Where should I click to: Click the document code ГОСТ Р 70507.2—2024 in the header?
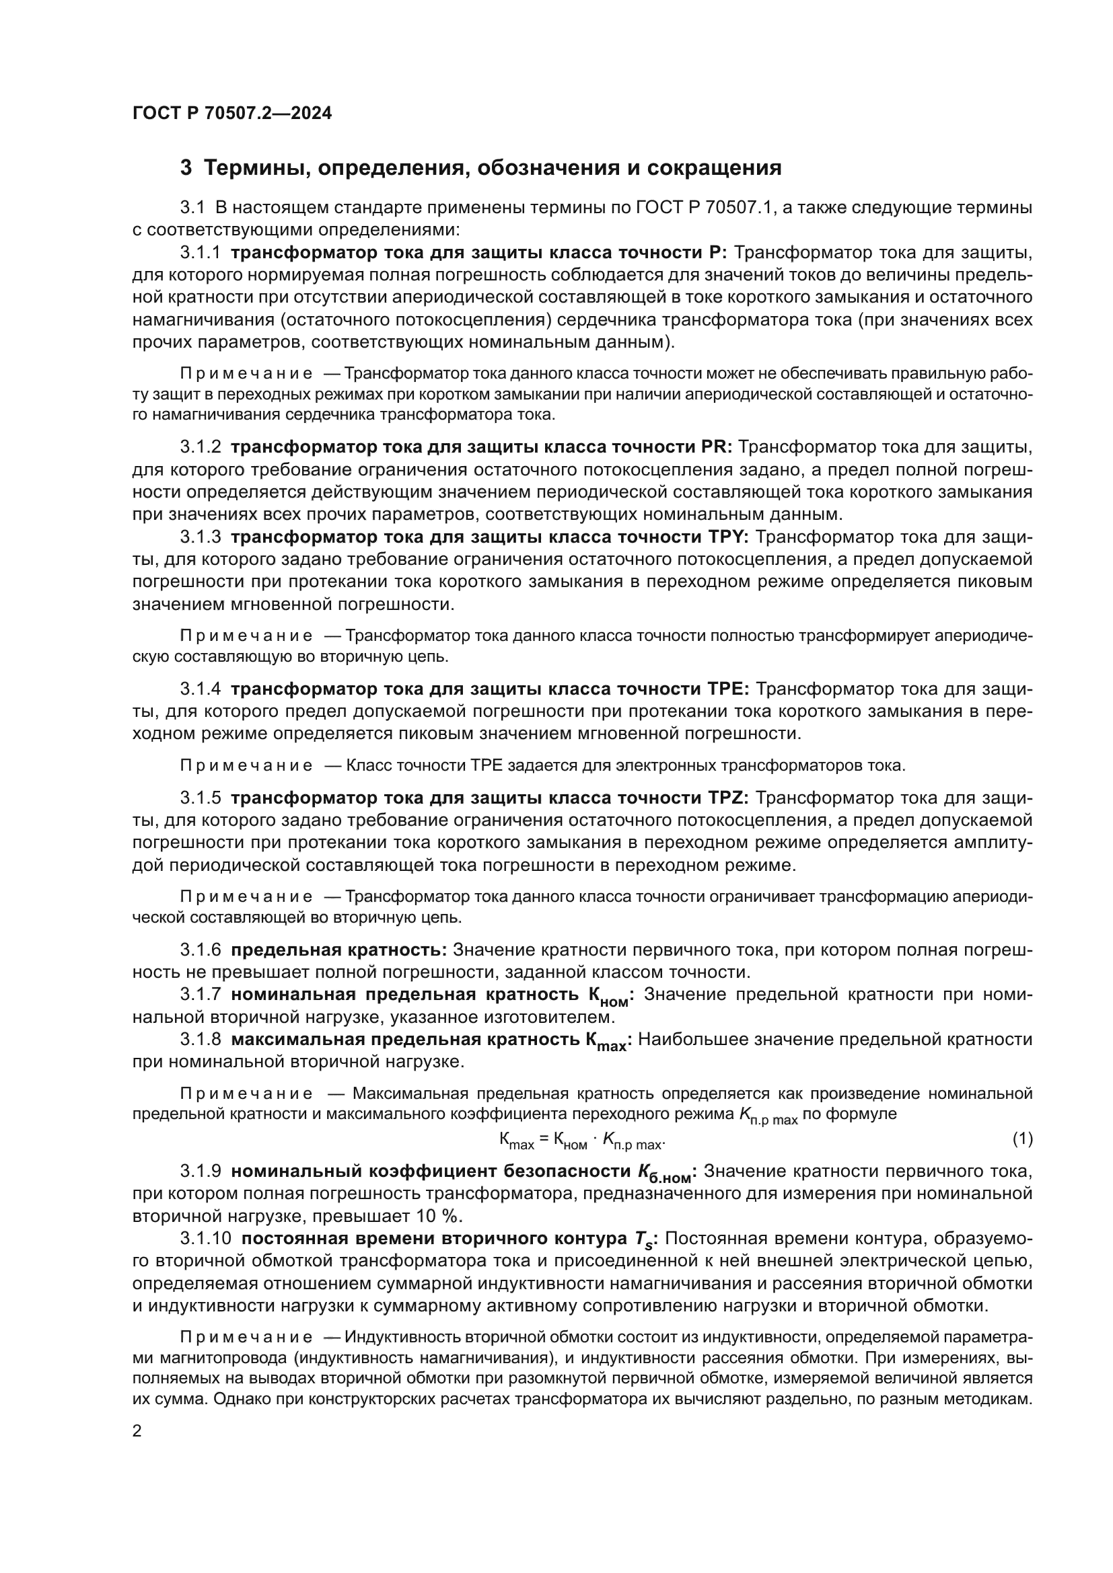coord(231,114)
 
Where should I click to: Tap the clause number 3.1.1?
coord(200,253)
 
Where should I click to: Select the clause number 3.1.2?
coord(200,447)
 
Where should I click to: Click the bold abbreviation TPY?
coord(729,537)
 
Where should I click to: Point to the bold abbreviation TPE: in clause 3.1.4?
coord(729,689)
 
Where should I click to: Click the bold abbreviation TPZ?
coord(729,798)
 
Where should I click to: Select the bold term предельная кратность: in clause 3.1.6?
coord(338,950)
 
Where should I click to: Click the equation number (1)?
coord(1022,1139)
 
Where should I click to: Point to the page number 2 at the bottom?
coord(137,1432)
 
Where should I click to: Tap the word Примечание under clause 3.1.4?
coord(246,765)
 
